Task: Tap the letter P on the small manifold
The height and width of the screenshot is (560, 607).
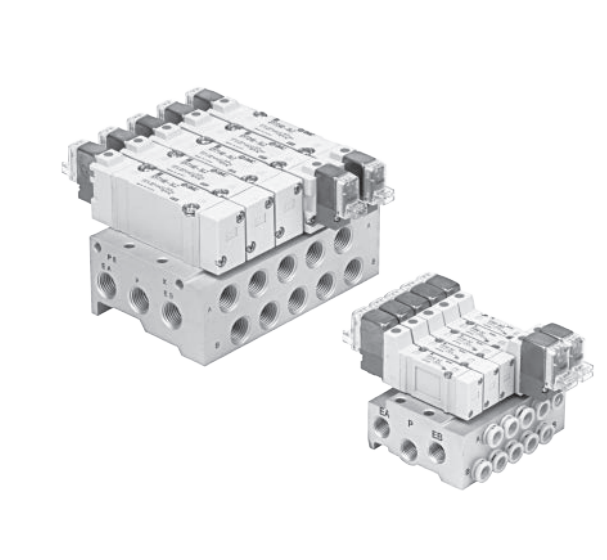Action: click(410, 421)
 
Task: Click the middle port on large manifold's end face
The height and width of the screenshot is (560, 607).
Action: click(141, 297)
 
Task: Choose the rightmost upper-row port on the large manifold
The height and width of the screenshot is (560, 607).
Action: click(344, 239)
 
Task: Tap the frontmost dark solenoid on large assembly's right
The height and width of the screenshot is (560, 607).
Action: click(330, 187)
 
